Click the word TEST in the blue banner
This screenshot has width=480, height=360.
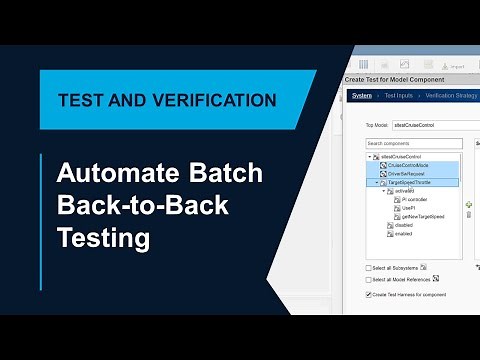(81, 100)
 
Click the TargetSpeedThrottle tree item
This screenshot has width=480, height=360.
(408, 183)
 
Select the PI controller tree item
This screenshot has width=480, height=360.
(418, 200)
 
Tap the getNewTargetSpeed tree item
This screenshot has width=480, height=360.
(425, 216)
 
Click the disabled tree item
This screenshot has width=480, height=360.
(403, 225)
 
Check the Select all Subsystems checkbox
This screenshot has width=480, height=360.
(369, 268)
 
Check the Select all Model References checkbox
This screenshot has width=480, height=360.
(369, 281)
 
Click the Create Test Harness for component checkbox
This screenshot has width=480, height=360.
(369, 295)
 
